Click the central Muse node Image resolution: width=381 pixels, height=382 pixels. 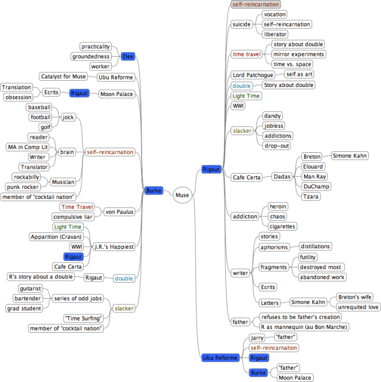tap(182, 195)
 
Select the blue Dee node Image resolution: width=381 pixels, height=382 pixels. tap(128, 56)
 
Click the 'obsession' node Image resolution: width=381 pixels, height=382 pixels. tap(17, 97)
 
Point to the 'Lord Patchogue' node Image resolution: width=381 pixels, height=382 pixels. tap(253, 75)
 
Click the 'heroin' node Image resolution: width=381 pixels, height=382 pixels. tap(278, 206)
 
